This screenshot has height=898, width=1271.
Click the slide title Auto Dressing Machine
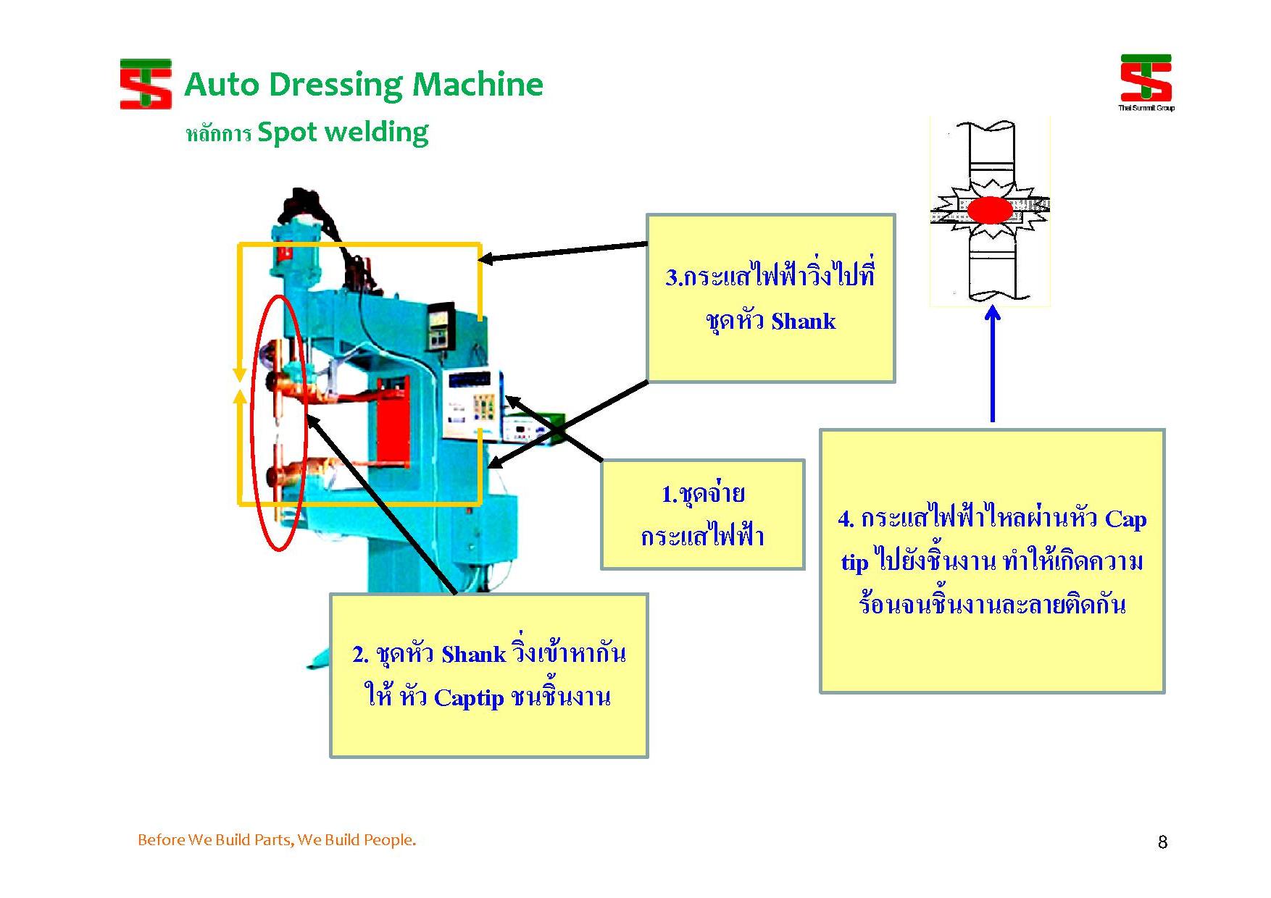pos(364,85)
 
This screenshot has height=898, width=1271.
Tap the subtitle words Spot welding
pos(342,133)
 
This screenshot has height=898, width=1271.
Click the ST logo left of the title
pos(146,84)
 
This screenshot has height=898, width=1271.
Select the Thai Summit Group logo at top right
pos(1146,82)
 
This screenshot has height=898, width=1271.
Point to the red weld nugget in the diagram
pos(990,210)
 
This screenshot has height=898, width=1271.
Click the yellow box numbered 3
pos(770,298)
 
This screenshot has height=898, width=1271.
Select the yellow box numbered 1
pos(702,514)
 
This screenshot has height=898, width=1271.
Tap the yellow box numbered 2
pos(488,675)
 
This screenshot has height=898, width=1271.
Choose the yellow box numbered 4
pos(991,561)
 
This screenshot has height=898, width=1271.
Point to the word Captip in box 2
pos(468,697)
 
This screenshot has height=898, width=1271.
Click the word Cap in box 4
pos(1125,519)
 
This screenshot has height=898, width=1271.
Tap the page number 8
pos(1162,842)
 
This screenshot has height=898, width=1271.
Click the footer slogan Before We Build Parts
pos(277,840)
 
